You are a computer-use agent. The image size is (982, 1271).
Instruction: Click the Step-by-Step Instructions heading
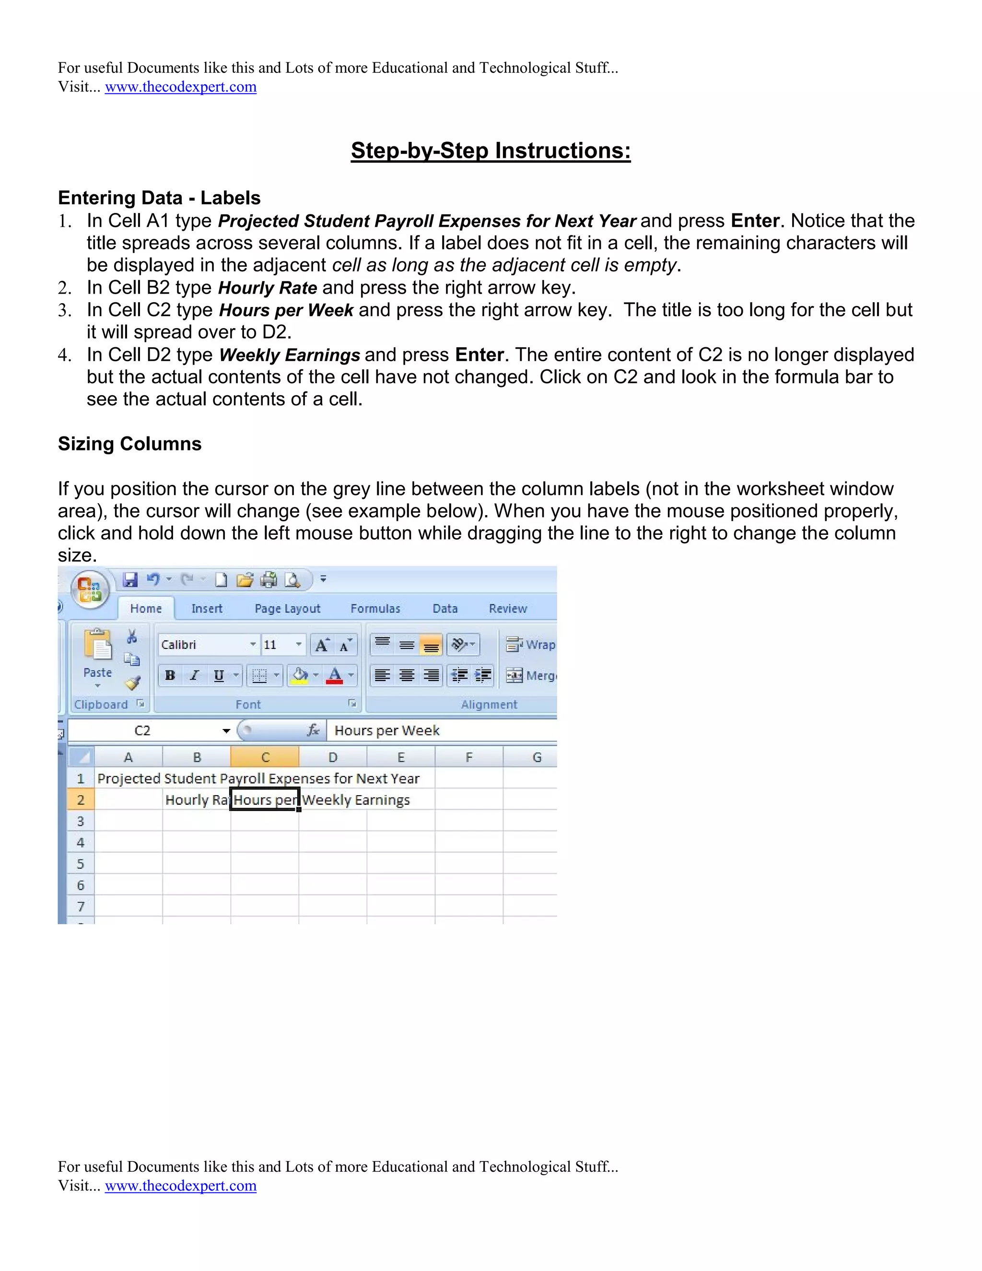tap(491, 151)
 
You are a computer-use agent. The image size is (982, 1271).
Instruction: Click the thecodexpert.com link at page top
tap(180, 87)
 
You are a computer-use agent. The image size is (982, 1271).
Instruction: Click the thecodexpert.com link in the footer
tap(180, 1186)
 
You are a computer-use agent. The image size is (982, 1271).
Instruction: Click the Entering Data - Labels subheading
tap(159, 198)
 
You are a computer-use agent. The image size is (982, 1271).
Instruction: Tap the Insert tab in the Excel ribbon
tap(207, 609)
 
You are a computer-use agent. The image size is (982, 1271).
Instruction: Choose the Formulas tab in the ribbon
tap(375, 609)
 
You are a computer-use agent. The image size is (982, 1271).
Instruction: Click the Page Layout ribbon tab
tap(287, 609)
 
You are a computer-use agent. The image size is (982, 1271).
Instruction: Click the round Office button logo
tap(90, 589)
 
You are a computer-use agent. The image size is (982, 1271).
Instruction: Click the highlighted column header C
tap(265, 758)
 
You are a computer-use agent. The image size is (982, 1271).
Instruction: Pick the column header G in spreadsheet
tap(537, 758)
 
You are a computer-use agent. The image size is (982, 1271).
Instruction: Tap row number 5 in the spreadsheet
tap(81, 864)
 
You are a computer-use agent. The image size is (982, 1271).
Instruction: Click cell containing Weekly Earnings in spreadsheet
tap(333, 800)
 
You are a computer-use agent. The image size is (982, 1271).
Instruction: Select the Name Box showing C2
tap(143, 731)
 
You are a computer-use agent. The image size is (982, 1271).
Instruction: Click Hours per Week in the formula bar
tap(387, 731)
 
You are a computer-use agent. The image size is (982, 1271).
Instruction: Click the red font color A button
tap(335, 676)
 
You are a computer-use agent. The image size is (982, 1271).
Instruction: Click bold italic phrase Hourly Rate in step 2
tap(268, 288)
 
